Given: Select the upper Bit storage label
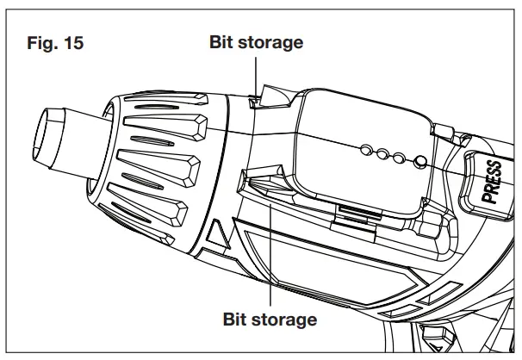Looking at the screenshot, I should click(257, 42).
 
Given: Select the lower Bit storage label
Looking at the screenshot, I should click(270, 320).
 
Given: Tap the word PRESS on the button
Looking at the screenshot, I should click(494, 180).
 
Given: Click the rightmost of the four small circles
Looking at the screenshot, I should click(419, 160).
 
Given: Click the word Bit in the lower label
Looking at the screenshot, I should click(237, 320).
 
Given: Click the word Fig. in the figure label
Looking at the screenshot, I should click(42, 43).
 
